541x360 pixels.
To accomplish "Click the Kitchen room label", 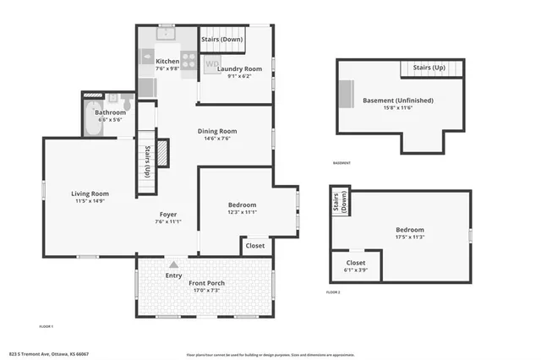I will [167, 62].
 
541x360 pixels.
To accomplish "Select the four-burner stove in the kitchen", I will [189, 61].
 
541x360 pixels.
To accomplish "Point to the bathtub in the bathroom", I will [90, 122].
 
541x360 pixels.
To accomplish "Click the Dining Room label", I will [216, 131].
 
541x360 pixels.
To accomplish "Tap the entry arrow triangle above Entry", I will [173, 264].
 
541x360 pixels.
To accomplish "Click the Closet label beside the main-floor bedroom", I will [254, 246].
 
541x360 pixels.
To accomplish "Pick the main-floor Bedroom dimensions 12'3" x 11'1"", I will [242, 212].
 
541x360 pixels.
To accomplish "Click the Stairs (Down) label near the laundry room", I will [222, 39].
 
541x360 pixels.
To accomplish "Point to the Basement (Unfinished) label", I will [397, 100].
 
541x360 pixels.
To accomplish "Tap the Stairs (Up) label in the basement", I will [429, 67].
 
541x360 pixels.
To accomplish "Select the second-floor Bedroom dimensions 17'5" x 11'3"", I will [409, 237].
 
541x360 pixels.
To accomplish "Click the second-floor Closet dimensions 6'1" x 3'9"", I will [356, 270].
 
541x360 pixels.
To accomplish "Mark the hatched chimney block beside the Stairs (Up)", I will [162, 153].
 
